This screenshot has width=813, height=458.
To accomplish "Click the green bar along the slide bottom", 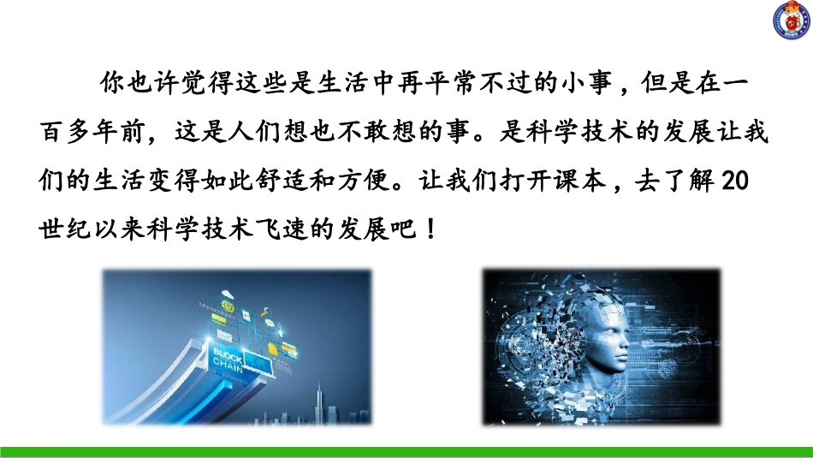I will [x=406, y=451].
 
